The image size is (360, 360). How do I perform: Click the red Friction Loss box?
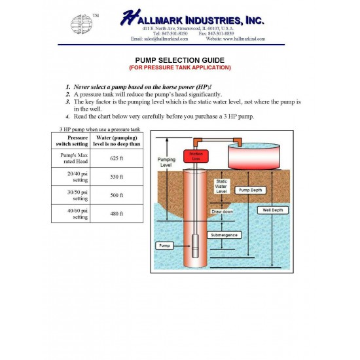(194, 156)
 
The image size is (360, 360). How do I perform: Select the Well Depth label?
(273, 210)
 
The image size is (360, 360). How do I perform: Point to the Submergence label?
(225, 234)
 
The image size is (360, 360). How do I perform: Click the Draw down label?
(223, 212)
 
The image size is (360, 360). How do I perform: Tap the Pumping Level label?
(167, 162)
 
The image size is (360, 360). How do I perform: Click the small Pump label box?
(164, 245)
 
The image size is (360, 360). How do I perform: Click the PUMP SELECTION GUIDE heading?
(179, 60)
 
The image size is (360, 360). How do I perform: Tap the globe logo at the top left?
(82, 25)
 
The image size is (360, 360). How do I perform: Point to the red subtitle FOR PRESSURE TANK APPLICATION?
(179, 67)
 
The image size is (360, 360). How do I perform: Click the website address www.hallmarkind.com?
(235, 39)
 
